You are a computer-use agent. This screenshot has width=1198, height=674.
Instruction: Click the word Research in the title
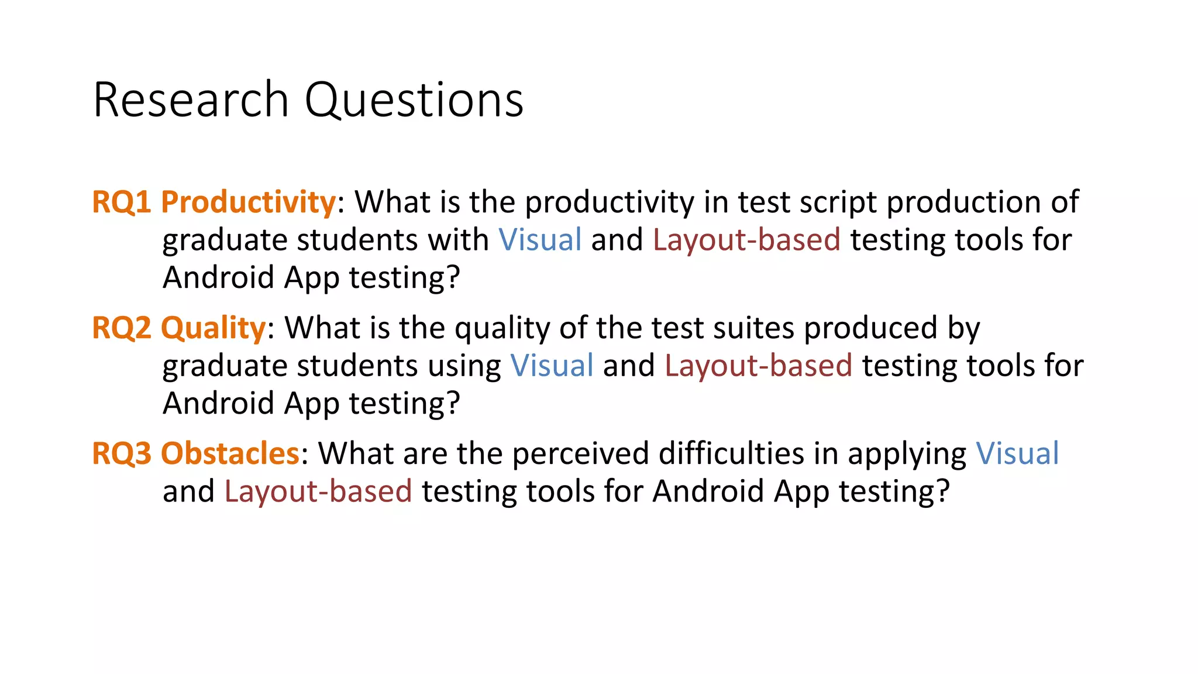pyautogui.click(x=191, y=101)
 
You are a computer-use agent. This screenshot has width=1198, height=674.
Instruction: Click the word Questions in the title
pyautogui.click(x=414, y=101)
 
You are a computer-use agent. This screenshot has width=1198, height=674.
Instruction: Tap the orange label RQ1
pyautogui.click(x=122, y=202)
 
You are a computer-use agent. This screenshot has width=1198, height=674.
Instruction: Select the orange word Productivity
pyautogui.click(x=248, y=202)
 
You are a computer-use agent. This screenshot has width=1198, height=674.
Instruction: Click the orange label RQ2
pyautogui.click(x=122, y=328)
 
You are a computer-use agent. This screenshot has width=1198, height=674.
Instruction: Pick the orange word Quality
pyautogui.click(x=214, y=328)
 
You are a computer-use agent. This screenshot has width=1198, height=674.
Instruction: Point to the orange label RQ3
pyautogui.click(x=122, y=454)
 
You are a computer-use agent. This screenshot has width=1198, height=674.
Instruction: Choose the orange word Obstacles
pyautogui.click(x=230, y=454)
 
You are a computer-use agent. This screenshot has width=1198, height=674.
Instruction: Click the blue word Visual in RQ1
pyautogui.click(x=540, y=240)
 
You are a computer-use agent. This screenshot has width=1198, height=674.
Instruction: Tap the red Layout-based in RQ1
pyautogui.click(x=746, y=240)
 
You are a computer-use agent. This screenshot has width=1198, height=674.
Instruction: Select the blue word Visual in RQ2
pyautogui.click(x=552, y=366)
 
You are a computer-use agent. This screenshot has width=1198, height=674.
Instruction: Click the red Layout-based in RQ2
pyautogui.click(x=758, y=366)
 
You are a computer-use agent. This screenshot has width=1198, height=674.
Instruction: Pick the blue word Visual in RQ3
pyautogui.click(x=1017, y=454)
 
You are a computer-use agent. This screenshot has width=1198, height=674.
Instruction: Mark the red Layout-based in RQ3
pyautogui.click(x=318, y=491)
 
